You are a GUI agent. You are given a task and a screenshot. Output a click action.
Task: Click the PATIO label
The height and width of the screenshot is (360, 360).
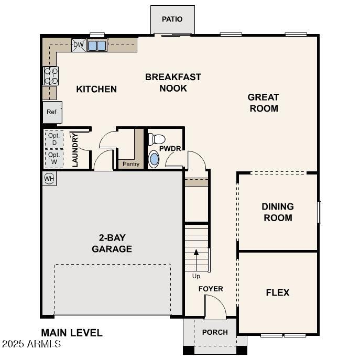click(172, 19)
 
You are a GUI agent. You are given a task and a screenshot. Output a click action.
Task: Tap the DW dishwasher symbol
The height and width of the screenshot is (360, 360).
click(78, 45)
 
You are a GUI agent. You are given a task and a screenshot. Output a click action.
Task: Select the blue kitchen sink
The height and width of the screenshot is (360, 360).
click(97, 46)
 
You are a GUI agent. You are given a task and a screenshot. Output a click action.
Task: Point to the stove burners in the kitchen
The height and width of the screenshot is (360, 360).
click(51, 76)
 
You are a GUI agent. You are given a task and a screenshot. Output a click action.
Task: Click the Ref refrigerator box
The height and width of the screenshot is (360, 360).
click(51, 112)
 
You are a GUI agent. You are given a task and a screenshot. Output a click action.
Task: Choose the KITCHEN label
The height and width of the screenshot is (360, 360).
click(96, 89)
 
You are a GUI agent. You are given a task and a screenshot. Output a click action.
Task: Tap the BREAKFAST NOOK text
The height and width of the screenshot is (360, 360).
click(173, 83)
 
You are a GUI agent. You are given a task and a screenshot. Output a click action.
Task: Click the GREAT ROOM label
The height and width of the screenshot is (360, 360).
click(264, 103)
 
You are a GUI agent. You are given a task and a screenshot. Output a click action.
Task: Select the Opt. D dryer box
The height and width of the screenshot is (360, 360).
click(53, 138)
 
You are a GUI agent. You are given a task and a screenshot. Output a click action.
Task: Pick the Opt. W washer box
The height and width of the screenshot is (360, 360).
click(53, 158)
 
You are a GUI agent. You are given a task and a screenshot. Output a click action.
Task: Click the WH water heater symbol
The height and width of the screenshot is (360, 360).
click(49, 179)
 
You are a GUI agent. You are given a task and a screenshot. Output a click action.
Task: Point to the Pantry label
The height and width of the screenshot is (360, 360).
click(131, 165)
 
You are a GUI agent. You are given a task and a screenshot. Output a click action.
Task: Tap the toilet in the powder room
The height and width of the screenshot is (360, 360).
click(156, 139)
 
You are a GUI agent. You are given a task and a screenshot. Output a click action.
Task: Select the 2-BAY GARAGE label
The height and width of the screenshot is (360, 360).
click(112, 243)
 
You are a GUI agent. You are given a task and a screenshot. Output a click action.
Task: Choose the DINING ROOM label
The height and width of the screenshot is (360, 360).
click(278, 212)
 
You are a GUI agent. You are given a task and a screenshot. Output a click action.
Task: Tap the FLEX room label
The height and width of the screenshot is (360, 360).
click(278, 292)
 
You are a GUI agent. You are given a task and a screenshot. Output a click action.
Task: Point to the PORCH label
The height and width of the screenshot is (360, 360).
click(215, 332)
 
